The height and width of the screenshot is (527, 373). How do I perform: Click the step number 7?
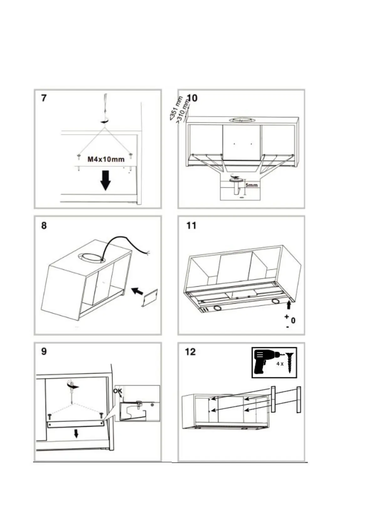pos(44,98)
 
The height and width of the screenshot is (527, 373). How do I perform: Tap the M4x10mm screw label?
pos(106,160)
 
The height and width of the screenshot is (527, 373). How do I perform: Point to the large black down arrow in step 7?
pos(106,180)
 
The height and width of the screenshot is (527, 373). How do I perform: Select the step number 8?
pos(44,225)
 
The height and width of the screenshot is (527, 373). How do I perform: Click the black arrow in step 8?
pos(137,291)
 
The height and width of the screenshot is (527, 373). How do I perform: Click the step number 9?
pos(44,351)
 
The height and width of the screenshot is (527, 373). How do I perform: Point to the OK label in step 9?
pos(118,391)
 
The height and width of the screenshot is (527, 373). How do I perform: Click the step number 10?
pos(192,98)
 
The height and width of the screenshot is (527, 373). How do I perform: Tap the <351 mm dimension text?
pos(176,108)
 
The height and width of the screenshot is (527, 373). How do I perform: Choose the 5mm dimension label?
pos(251,185)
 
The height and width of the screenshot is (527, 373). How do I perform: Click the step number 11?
pos(191,225)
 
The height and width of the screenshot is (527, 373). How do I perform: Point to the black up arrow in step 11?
pos(289,305)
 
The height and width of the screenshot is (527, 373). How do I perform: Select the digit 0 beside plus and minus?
pos(293,320)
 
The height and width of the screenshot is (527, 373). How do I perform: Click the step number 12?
pos(190,352)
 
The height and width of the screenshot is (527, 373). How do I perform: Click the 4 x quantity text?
pos(280,364)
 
